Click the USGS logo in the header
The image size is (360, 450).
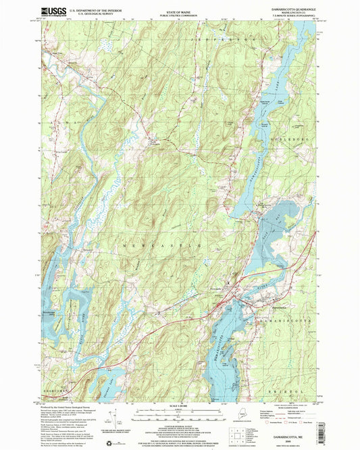pos(53,11)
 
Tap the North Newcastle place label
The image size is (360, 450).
pos(155,142)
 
